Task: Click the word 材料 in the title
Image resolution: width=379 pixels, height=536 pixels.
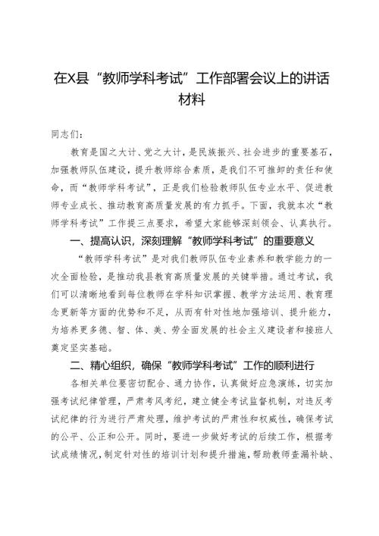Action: coord(189,101)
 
